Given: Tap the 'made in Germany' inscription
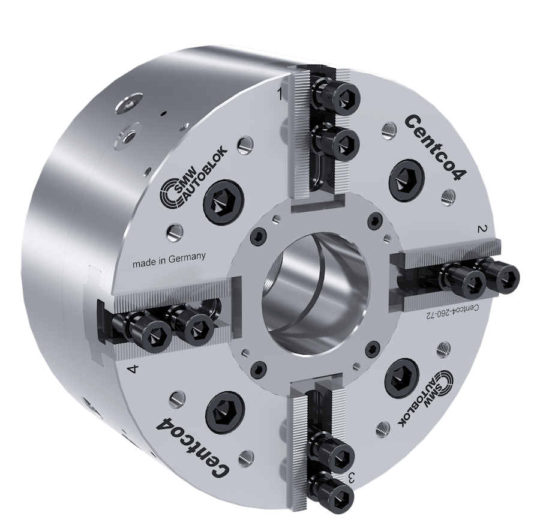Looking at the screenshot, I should click(169, 259).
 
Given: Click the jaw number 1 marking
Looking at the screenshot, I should click(280, 94).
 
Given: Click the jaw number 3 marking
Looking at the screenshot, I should click(353, 478).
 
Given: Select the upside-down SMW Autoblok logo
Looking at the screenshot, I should click(442, 399).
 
